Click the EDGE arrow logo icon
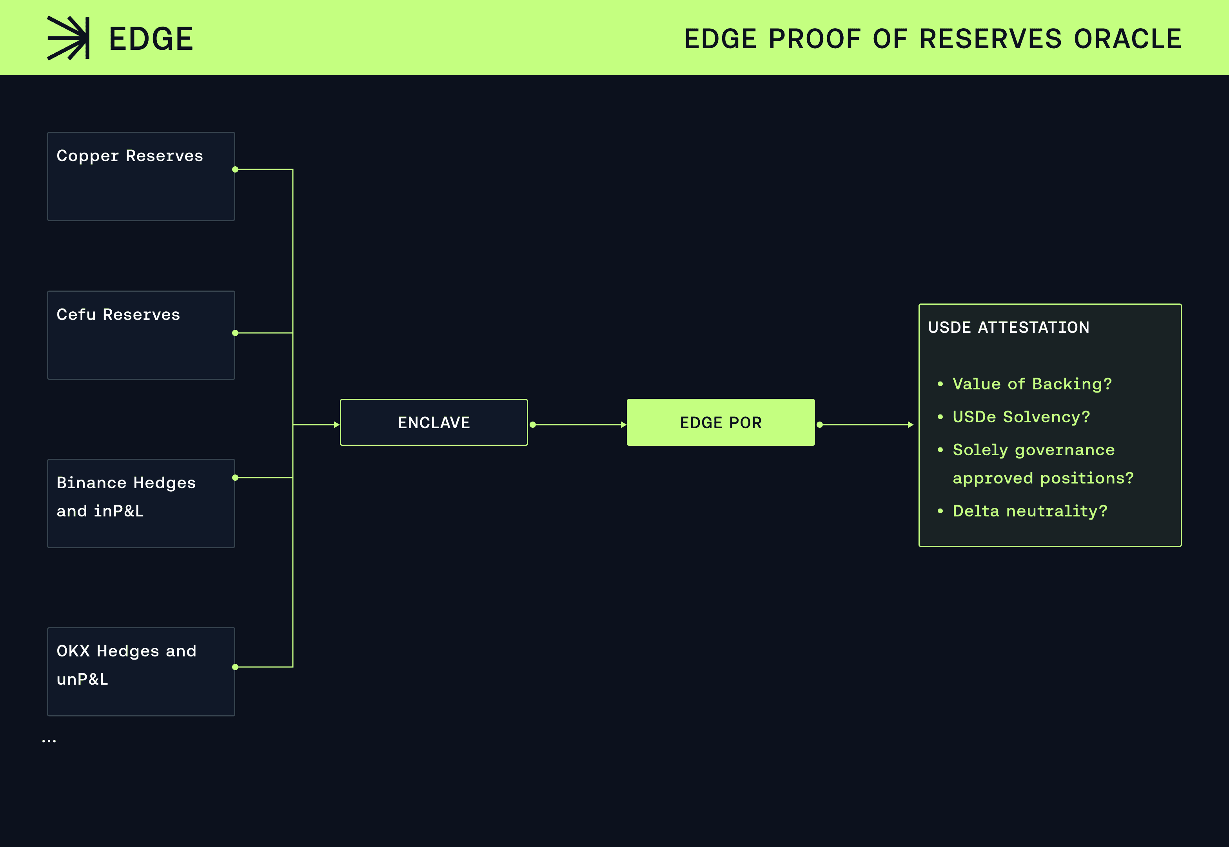69,38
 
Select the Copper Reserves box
141,176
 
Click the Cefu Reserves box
141,335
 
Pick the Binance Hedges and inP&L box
141,503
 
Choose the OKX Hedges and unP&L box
141,671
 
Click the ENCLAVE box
434,422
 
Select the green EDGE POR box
721,422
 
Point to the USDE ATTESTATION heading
1008,327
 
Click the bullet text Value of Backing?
1032,384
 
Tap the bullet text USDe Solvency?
1021,416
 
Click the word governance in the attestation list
1065,451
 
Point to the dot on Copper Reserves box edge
235,169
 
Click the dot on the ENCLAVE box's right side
532,425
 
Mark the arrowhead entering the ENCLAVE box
336,425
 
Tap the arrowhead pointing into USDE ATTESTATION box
911,425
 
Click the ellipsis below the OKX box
49,741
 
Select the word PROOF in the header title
814,39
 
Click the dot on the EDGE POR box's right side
819,425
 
